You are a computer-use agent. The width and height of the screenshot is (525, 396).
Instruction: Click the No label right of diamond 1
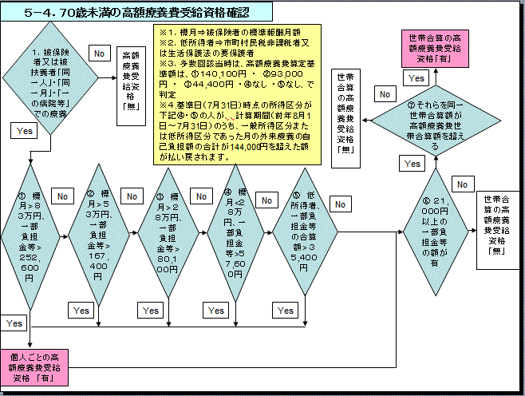click(100, 53)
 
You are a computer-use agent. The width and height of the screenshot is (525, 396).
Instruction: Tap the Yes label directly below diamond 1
click(23, 129)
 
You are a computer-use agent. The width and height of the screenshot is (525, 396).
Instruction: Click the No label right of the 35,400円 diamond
click(340, 204)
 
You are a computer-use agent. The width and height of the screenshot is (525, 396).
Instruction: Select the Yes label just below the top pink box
click(416, 78)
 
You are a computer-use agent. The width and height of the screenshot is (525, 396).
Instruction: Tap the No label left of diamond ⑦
click(384, 94)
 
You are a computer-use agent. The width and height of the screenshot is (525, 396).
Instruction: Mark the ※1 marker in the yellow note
click(168, 32)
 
